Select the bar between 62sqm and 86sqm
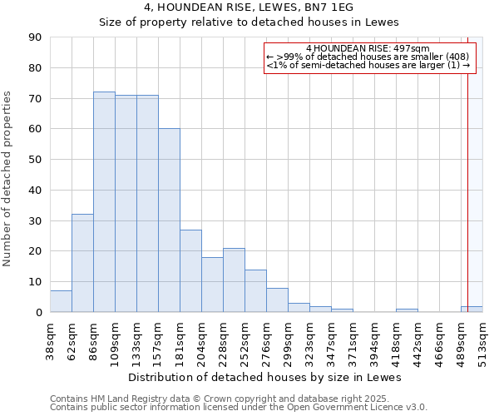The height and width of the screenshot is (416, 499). pyautogui.click(x=82, y=263)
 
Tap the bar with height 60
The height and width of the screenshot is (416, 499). pyautogui.click(x=169, y=220)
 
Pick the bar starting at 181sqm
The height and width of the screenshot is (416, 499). pyautogui.click(x=190, y=271)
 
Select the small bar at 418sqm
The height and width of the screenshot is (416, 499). pyautogui.click(x=407, y=310)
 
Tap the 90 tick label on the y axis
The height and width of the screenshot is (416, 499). pyautogui.click(x=35, y=37)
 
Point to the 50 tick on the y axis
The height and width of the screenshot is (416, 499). pyautogui.click(x=35, y=160)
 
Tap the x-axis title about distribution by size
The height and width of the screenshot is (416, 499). pyautogui.click(x=265, y=377)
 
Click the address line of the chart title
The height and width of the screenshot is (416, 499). pyautogui.click(x=249, y=7)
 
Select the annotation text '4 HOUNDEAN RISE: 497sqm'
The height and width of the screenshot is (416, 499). pyautogui.click(x=367, y=49)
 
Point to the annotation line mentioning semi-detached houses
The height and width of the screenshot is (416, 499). pyautogui.click(x=368, y=65)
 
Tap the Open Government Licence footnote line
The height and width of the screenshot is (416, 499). pyautogui.click(x=238, y=407)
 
